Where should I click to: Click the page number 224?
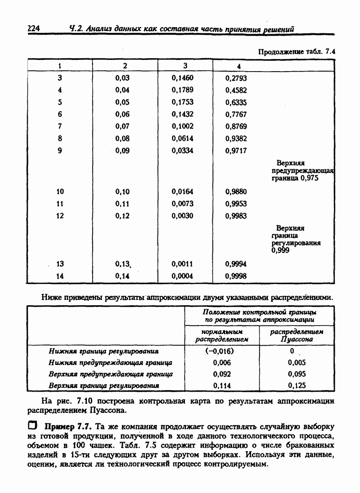point(34,29)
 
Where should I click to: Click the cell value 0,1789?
point(182,90)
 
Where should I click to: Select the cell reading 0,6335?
point(236,102)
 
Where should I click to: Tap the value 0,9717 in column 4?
point(236,151)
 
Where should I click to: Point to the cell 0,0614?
point(182,139)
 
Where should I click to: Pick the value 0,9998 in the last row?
point(236,276)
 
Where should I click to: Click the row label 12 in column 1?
point(60,216)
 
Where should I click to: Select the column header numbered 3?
point(185,66)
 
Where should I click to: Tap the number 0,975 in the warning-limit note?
point(310,178)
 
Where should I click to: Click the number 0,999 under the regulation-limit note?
point(280,250)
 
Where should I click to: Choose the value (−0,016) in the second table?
point(222,351)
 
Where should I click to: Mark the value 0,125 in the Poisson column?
point(297,385)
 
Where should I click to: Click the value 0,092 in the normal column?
point(222,374)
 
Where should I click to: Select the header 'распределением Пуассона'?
point(297,335)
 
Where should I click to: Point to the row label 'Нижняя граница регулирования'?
point(103,351)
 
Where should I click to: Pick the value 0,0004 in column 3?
point(182,276)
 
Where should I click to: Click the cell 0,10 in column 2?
point(122,192)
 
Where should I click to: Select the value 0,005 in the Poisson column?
point(297,362)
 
